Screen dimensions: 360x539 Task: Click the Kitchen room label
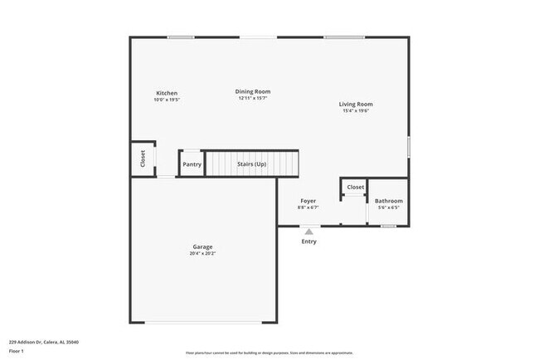(166, 93)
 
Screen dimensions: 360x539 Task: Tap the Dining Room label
(253, 91)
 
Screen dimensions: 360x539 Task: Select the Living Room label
(355, 105)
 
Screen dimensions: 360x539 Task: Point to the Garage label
(202, 247)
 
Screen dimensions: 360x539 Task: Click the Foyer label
(308, 201)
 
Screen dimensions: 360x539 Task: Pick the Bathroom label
(388, 201)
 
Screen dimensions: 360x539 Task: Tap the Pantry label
(192, 164)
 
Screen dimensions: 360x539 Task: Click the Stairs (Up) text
(251, 164)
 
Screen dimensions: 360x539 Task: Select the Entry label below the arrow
(308, 241)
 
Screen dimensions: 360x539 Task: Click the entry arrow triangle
(308, 231)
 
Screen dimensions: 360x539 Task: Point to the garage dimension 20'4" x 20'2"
(202, 254)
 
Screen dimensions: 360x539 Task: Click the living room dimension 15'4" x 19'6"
(355, 111)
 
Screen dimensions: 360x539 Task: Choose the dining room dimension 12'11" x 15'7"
(253, 98)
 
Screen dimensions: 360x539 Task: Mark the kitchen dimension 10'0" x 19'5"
(166, 100)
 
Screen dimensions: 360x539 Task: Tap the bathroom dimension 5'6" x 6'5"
(388, 207)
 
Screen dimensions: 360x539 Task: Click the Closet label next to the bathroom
(355, 187)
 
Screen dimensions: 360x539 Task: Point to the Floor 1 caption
(17, 351)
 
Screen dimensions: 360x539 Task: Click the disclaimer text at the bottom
(269, 353)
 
